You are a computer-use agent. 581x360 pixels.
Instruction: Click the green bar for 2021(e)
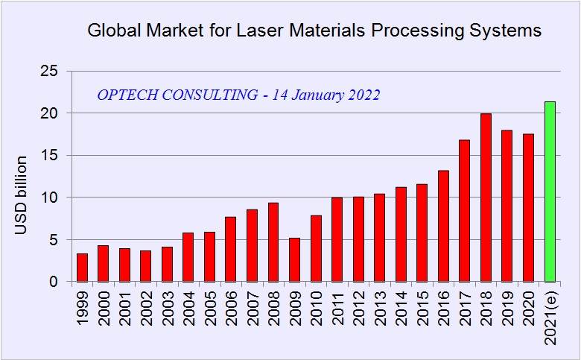(550, 192)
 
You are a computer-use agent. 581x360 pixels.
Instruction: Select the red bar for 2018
(486, 198)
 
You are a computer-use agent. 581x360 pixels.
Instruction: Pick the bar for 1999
(82, 268)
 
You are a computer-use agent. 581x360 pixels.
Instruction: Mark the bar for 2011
(337, 239)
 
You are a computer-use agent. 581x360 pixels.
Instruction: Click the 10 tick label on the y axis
(49, 198)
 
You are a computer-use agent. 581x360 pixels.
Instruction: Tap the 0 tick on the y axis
(54, 282)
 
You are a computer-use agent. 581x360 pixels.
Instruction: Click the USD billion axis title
(22, 195)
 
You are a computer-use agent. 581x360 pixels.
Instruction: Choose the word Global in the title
(113, 31)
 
